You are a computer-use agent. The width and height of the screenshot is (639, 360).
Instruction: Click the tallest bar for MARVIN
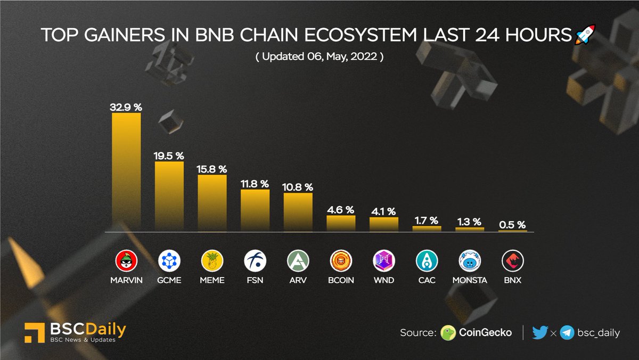pos(126,172)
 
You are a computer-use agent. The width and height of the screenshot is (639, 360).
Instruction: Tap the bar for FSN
pos(255,210)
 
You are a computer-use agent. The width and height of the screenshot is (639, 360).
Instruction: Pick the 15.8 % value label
pos(212,169)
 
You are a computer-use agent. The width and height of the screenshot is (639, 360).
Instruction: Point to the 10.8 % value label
pos(298,187)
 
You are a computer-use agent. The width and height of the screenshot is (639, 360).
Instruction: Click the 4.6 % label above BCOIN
pos(341,210)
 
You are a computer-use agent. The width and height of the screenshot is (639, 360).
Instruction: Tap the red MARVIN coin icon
pos(126,261)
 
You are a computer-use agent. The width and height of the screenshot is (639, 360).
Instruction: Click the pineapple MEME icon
pos(212,261)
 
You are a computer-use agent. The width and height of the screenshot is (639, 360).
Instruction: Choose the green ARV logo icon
pos(298,261)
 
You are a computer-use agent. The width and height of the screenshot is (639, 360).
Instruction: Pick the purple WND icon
pos(384,261)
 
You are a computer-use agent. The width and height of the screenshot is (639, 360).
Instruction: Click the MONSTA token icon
pos(470,261)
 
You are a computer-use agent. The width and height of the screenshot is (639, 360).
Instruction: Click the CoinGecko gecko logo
pos(448,333)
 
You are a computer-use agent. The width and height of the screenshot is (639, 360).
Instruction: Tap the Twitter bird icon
pos(539,333)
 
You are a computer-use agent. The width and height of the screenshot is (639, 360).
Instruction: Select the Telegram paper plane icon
pos(567,333)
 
